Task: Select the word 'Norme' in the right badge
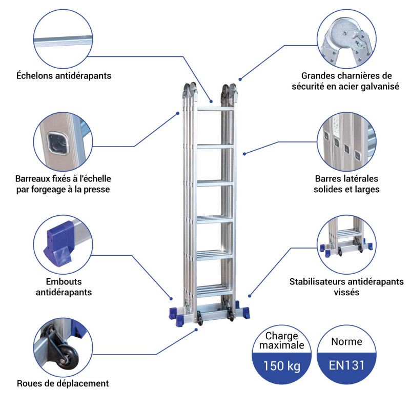pyautogui.click(x=346, y=341)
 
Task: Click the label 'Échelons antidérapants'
pyautogui.click(x=64, y=76)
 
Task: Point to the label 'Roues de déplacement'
pyautogui.click(x=63, y=383)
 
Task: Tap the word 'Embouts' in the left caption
pyautogui.click(x=64, y=281)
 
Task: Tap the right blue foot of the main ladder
pyautogui.click(x=245, y=312)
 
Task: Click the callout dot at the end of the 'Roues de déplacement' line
pyautogui.click(x=197, y=330)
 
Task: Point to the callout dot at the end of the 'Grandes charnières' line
pyautogui.click(x=240, y=79)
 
